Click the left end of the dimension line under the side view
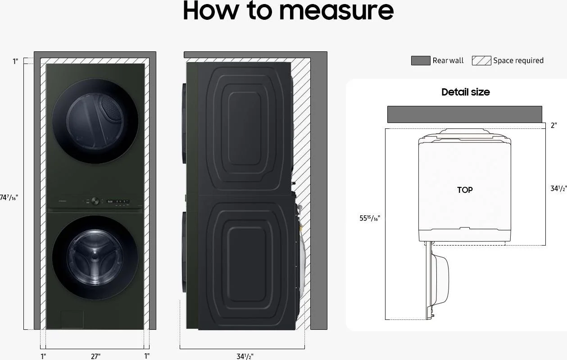[180, 349]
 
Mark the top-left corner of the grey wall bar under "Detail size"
[388, 106]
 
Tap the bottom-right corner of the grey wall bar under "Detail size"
[542, 123]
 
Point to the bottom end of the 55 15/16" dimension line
[385, 319]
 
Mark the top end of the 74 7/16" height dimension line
[24, 64]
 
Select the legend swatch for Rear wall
[421, 61]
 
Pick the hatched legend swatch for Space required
[481, 61]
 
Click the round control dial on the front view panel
[95, 201]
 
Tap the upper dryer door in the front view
[95, 121]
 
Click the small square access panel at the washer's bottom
[72, 319]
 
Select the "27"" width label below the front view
[95, 356]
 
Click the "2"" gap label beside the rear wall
[553, 125]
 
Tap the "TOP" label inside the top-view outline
[465, 190]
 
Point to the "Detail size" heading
[466, 92]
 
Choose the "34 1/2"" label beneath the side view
[245, 356]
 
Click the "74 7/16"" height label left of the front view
[9, 197]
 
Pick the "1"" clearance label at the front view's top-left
[15, 61]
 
